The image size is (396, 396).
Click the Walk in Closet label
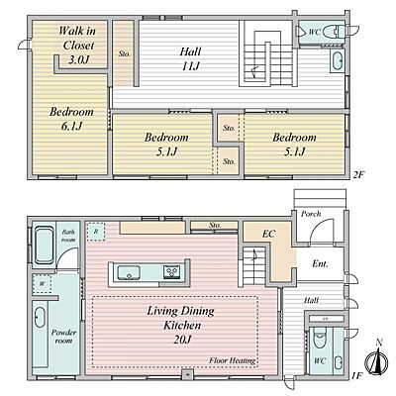[x=78, y=46]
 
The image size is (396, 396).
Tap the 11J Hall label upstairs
[x=190, y=58]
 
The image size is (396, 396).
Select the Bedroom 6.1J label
[x=71, y=119]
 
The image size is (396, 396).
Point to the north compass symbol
[x=377, y=358]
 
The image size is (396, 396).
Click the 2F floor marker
[x=358, y=174]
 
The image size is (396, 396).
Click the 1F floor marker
[x=357, y=375]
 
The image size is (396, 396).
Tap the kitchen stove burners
[x=172, y=271]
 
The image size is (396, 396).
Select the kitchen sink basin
[x=129, y=272]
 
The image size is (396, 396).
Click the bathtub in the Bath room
[x=45, y=245]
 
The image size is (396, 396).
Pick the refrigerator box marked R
[x=96, y=232]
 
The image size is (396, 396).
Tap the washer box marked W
[x=42, y=284]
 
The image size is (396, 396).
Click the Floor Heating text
[x=233, y=360]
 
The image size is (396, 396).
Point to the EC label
[x=268, y=234]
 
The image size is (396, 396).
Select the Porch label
[x=311, y=214]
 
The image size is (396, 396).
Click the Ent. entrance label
[x=320, y=264]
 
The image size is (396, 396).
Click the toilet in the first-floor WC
[x=320, y=338]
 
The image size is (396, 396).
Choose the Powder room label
[x=63, y=337]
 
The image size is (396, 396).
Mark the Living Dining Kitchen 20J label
[x=181, y=325]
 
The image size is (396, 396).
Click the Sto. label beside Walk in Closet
[x=125, y=53]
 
